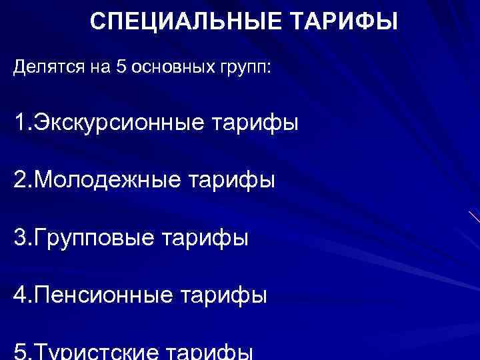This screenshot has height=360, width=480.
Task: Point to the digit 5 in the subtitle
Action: tap(121, 67)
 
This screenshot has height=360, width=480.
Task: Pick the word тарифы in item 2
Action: tap(231, 181)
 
